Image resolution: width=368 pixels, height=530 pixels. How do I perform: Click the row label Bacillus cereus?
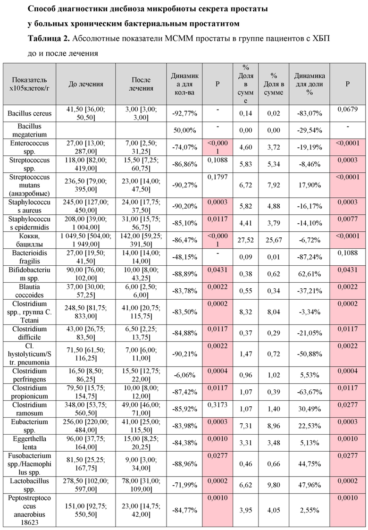point(30,113)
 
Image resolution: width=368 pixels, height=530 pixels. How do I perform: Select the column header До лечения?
point(86,84)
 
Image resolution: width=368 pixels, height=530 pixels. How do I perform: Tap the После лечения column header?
point(141,84)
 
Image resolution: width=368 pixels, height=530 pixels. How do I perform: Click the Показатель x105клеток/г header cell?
point(29,84)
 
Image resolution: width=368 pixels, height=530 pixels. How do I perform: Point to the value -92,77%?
point(184,114)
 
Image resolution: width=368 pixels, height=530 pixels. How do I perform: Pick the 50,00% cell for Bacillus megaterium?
point(184,130)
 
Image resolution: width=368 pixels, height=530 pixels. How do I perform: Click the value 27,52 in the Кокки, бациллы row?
point(246,240)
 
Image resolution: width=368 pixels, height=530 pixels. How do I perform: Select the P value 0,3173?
point(217,405)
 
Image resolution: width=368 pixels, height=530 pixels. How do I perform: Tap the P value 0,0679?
point(348,109)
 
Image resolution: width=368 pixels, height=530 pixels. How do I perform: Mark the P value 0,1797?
point(217,177)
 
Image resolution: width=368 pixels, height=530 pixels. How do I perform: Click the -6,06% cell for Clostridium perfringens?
point(184,375)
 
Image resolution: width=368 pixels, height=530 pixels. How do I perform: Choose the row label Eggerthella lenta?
point(29,443)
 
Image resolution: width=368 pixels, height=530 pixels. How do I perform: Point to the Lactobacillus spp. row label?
point(29,485)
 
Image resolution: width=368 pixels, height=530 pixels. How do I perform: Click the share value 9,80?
point(274,485)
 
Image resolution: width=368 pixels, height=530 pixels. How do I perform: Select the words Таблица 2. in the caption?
point(49,38)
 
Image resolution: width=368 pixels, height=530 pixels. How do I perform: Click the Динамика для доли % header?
point(309,84)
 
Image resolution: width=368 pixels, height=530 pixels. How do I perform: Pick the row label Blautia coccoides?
point(29,291)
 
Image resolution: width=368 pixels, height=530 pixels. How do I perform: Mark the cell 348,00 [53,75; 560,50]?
point(86,409)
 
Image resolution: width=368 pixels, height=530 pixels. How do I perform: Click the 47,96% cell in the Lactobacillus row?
point(309,485)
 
